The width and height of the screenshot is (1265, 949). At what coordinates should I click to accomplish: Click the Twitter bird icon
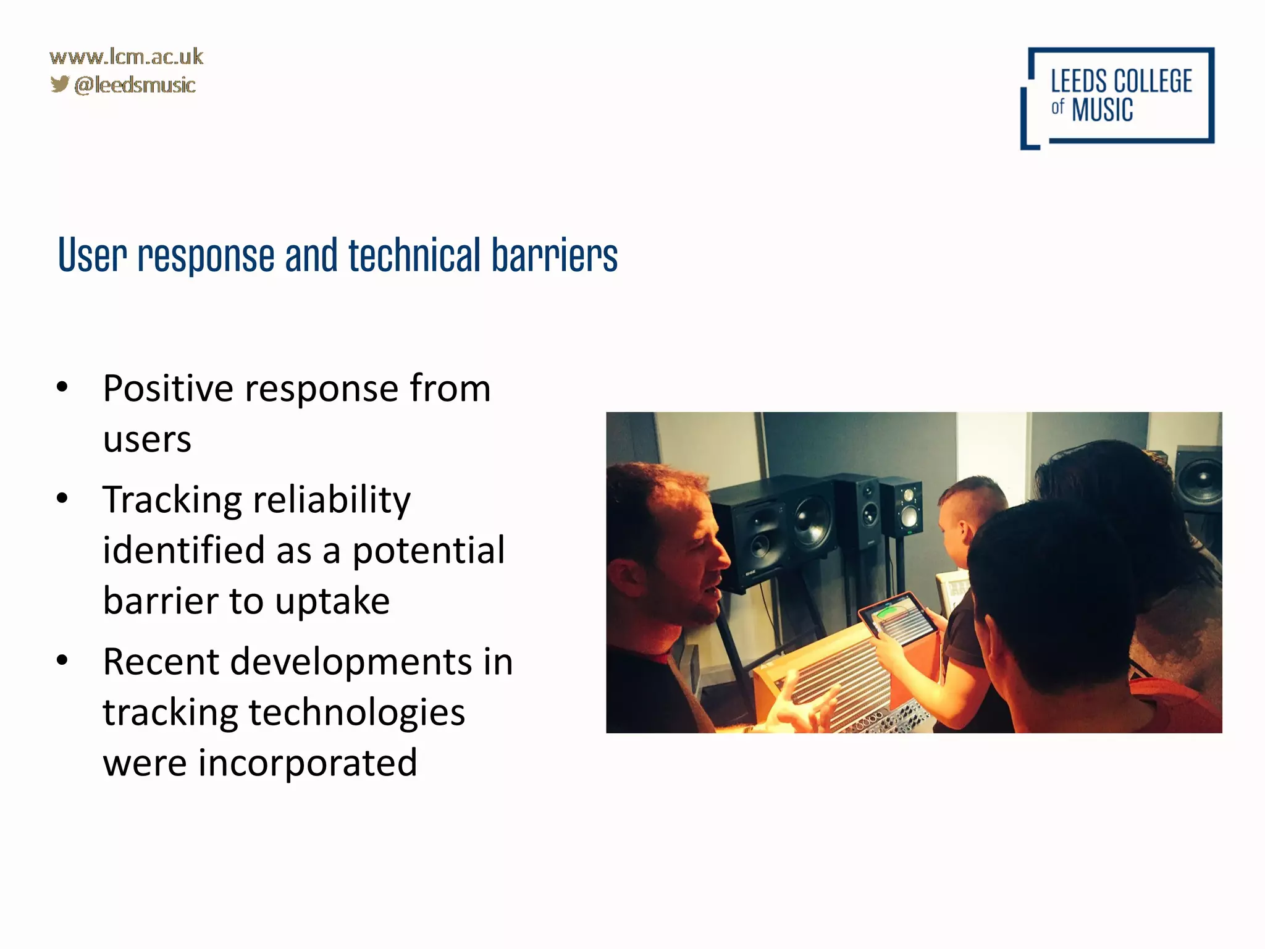coord(59,83)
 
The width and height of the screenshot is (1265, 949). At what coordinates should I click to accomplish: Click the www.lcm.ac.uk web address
coord(126,57)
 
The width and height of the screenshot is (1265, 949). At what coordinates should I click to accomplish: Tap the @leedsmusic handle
coord(135,85)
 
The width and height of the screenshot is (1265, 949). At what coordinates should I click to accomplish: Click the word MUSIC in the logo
coord(1102,110)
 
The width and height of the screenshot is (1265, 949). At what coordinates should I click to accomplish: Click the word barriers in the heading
coord(554,255)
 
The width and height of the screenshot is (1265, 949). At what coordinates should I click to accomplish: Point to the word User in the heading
coord(93,255)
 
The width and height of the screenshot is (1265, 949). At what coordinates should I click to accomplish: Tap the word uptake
coord(332,601)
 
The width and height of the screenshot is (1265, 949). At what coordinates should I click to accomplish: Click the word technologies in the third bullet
coord(356,712)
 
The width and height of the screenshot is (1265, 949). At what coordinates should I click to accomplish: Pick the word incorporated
coord(307,763)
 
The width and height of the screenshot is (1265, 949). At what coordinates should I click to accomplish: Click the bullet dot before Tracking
coord(62,498)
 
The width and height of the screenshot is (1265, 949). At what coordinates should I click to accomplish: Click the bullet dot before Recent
coord(62,660)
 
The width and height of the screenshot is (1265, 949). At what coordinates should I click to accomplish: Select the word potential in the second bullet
coord(428,550)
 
